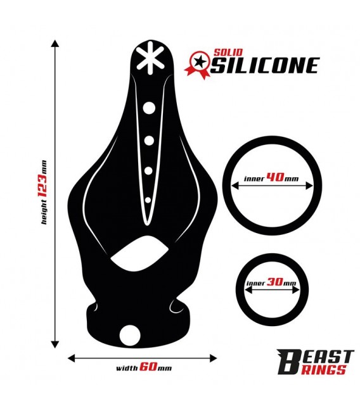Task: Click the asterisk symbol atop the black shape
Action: click(x=150, y=58)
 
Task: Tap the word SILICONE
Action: click(x=265, y=65)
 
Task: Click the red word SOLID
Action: click(x=228, y=52)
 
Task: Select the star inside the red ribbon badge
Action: click(x=200, y=62)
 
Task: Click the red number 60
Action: click(x=148, y=367)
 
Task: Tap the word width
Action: click(x=127, y=368)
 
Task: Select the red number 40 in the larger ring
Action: click(x=275, y=177)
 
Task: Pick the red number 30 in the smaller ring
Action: click(x=275, y=282)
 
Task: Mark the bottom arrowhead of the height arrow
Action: click(x=55, y=345)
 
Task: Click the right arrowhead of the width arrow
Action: click(x=214, y=358)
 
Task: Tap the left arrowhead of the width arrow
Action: click(x=72, y=358)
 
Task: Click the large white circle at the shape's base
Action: click(x=130, y=336)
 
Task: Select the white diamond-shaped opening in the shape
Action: click(x=139, y=253)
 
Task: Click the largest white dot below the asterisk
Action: click(x=149, y=108)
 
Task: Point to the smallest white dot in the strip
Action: click(x=148, y=200)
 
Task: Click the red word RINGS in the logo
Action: click(x=323, y=370)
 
